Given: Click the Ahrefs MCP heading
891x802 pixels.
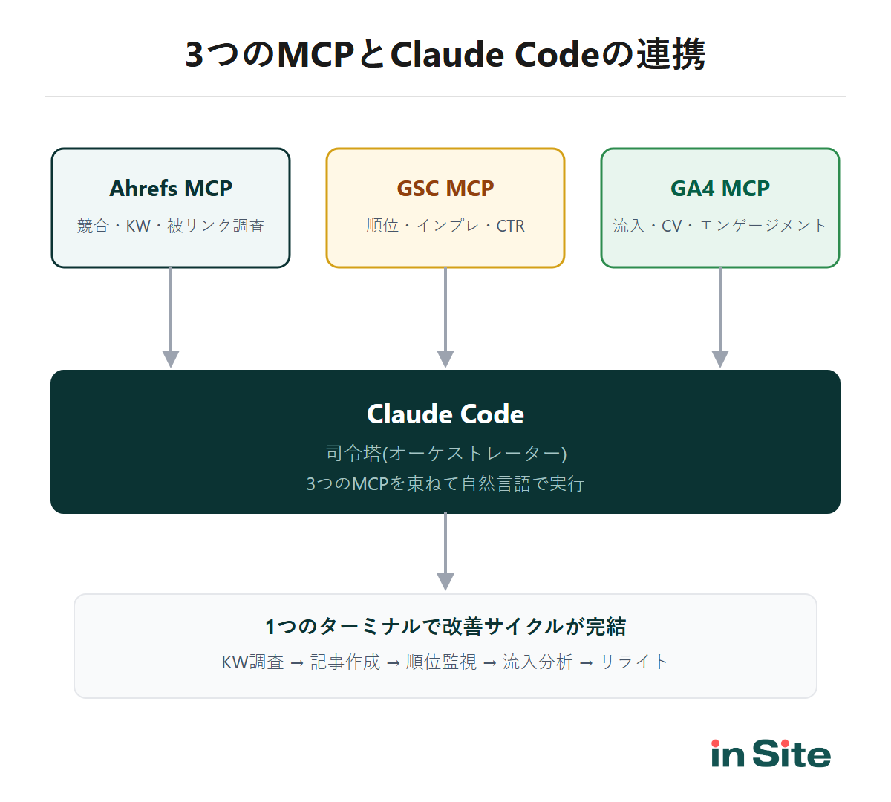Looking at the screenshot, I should [171, 189].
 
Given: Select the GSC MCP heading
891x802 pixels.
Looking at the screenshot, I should [446, 189].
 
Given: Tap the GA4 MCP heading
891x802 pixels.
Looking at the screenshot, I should [720, 189].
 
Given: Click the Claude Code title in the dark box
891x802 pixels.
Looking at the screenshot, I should [446, 414].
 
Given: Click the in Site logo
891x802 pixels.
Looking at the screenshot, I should [771, 754].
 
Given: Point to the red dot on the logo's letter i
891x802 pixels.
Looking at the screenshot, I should [716, 743].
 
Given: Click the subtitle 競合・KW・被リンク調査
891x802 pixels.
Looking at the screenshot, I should [171, 226].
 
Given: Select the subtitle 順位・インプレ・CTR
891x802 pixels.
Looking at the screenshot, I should [446, 226].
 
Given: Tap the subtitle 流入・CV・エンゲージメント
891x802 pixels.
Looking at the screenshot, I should [720, 226].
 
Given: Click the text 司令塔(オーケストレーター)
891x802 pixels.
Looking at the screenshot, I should [446, 453].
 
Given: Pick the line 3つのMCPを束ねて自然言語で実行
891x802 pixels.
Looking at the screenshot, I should [446, 484].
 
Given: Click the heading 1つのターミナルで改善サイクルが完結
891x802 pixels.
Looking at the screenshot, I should [446, 627].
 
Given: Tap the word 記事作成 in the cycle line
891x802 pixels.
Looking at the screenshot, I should [345, 662].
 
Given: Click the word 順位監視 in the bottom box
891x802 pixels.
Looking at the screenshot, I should [442, 662].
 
